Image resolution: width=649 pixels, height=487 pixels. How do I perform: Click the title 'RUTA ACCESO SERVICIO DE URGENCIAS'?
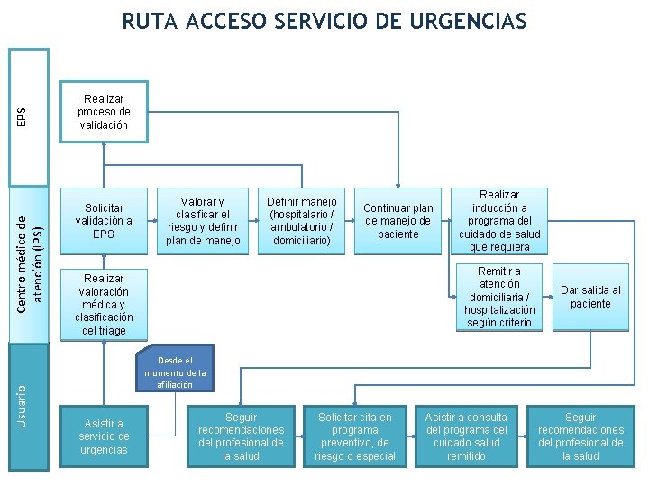click(x=324, y=21)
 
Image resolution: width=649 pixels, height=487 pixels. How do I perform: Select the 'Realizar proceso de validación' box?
click(x=104, y=112)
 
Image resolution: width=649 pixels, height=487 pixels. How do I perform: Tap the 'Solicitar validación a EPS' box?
click(x=104, y=221)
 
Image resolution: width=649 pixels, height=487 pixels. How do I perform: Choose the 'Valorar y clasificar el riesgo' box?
click(x=203, y=221)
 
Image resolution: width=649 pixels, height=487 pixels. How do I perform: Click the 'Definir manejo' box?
click(x=302, y=221)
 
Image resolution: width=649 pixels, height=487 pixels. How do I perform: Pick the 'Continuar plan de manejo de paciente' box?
click(x=398, y=221)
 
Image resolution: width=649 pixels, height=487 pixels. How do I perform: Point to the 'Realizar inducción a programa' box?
click(x=499, y=221)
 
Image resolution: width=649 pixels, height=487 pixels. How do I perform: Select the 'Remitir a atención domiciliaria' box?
click(x=499, y=297)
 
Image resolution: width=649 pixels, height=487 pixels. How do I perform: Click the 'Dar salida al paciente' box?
click(x=590, y=297)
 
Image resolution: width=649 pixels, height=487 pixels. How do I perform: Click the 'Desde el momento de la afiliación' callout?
click(x=175, y=367)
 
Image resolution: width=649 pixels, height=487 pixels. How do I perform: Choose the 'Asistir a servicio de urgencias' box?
click(x=104, y=436)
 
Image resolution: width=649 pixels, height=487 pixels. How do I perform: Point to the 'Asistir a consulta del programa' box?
click(x=466, y=436)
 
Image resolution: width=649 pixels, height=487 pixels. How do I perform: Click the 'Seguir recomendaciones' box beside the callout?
click(x=241, y=436)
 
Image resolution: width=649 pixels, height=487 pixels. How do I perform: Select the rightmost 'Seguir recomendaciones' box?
click(x=580, y=436)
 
